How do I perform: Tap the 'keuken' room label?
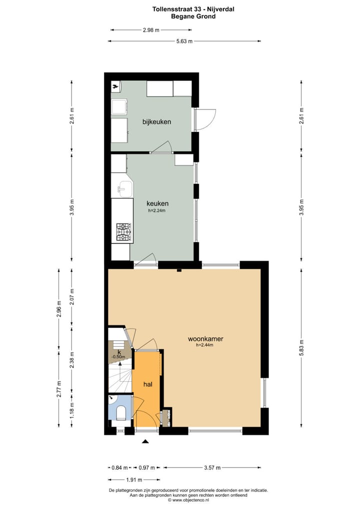[x=157, y=203]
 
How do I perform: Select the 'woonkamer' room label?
[x=205, y=338]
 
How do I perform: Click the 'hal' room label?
[x=147, y=384]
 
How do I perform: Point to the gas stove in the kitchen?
[x=124, y=232]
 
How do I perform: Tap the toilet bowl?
[x=120, y=413]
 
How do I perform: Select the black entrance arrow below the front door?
[x=145, y=441]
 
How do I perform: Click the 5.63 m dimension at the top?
[x=184, y=41]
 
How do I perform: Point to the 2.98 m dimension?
[x=150, y=30]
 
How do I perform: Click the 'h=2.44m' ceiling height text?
[x=205, y=345]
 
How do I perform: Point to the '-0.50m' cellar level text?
[x=118, y=357]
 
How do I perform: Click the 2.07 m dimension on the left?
[x=72, y=297]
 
